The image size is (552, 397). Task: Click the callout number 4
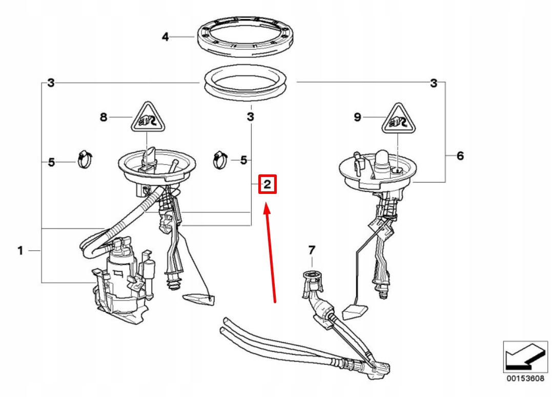click(165, 36)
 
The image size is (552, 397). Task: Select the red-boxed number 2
click(268, 184)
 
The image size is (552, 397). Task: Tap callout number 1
click(21, 251)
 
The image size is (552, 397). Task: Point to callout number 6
click(460, 156)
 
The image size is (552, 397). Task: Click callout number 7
click(312, 250)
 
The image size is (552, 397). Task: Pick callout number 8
click(103, 117)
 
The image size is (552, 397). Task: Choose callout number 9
click(357, 117)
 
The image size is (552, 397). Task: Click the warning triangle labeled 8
click(148, 118)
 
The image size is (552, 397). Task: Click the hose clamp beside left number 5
click(85, 159)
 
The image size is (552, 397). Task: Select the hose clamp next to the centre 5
click(220, 160)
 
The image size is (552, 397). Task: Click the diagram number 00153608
click(525, 379)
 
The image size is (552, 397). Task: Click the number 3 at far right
click(434, 84)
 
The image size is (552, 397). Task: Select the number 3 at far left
click(51, 83)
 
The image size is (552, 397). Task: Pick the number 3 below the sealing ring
click(250, 116)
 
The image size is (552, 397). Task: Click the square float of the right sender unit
click(355, 312)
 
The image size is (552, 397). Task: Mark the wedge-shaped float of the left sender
click(198, 300)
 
